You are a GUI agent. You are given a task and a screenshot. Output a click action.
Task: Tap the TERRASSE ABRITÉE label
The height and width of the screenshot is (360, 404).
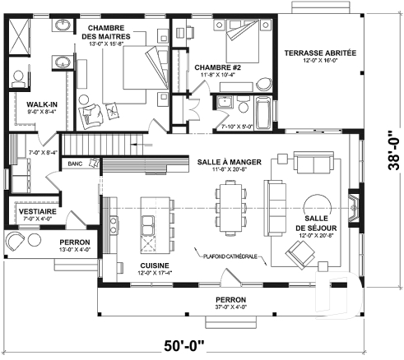coord(320,53)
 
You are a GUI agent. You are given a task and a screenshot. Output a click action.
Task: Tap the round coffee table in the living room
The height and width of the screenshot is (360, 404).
coord(315,204)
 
